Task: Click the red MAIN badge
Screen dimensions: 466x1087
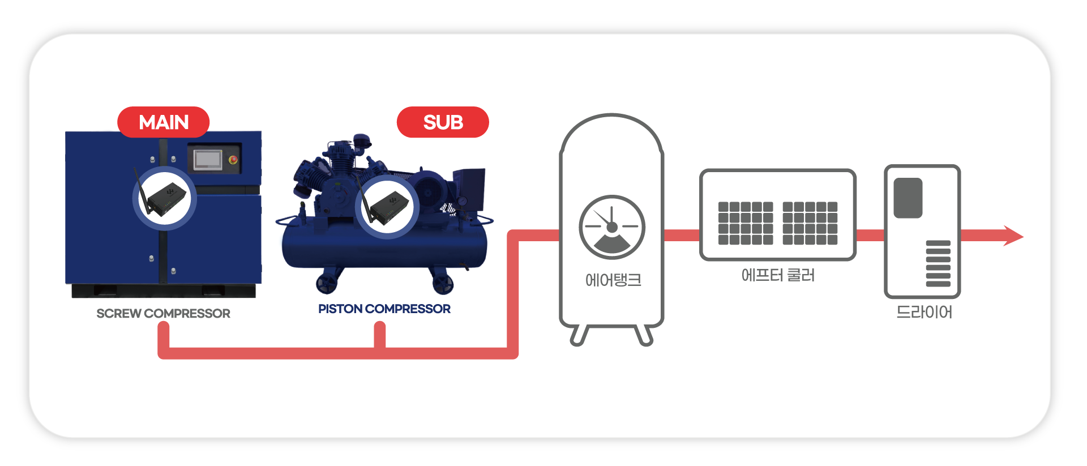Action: click(x=164, y=122)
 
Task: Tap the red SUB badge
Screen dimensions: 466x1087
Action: click(x=443, y=122)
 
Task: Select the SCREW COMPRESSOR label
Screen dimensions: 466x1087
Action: click(x=163, y=314)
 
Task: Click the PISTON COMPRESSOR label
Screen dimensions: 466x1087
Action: click(x=384, y=309)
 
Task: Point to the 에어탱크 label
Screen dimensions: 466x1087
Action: click(x=613, y=280)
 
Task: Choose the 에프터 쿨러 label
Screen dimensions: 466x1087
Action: click(x=778, y=276)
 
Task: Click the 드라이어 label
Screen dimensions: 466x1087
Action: click(x=924, y=313)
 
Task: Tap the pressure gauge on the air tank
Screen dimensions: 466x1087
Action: click(x=611, y=227)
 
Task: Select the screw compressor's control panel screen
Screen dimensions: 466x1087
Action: click(x=208, y=160)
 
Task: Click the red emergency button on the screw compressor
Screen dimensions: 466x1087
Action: click(x=233, y=160)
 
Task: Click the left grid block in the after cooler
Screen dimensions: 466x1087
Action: click(x=745, y=223)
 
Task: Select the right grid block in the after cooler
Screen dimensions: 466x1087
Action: click(x=810, y=223)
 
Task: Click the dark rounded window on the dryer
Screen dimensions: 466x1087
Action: click(x=908, y=198)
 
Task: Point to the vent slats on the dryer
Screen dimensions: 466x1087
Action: click(x=938, y=263)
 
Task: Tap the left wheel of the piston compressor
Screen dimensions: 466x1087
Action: click(x=327, y=283)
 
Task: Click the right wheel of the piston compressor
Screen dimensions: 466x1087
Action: click(x=443, y=283)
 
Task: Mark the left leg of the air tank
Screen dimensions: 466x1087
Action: click(x=579, y=335)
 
